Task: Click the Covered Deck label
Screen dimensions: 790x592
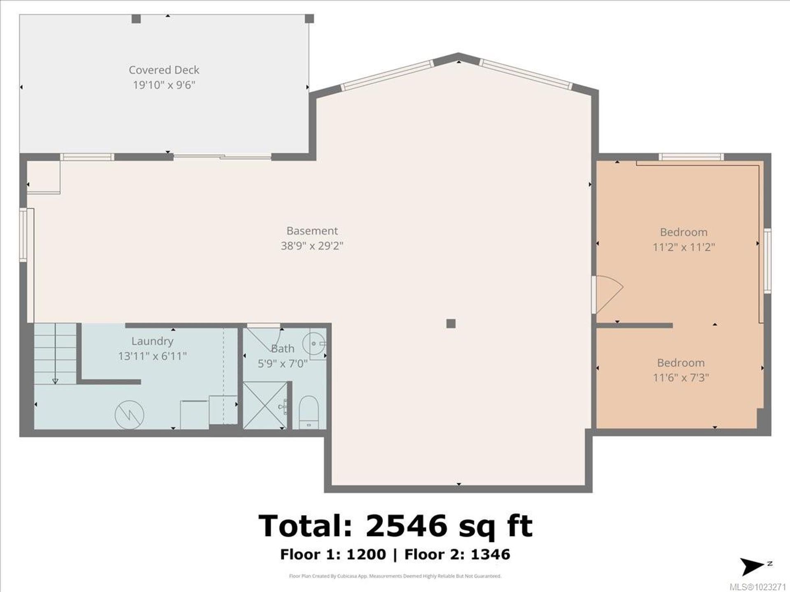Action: [164, 70]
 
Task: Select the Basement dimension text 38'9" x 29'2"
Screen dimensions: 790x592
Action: [312, 246]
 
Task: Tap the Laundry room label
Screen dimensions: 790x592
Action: [152, 341]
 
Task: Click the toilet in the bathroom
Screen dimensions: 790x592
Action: [307, 412]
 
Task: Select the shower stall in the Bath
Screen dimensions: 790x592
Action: [265, 405]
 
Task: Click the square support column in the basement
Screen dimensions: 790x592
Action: [451, 324]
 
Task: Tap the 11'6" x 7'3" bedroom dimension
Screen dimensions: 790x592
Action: [681, 377]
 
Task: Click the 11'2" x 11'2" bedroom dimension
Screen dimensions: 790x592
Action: [684, 247]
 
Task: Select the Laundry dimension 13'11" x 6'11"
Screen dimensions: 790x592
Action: [152, 356]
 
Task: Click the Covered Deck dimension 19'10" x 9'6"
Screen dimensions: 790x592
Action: [164, 85]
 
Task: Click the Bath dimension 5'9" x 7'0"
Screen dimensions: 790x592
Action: [283, 364]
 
